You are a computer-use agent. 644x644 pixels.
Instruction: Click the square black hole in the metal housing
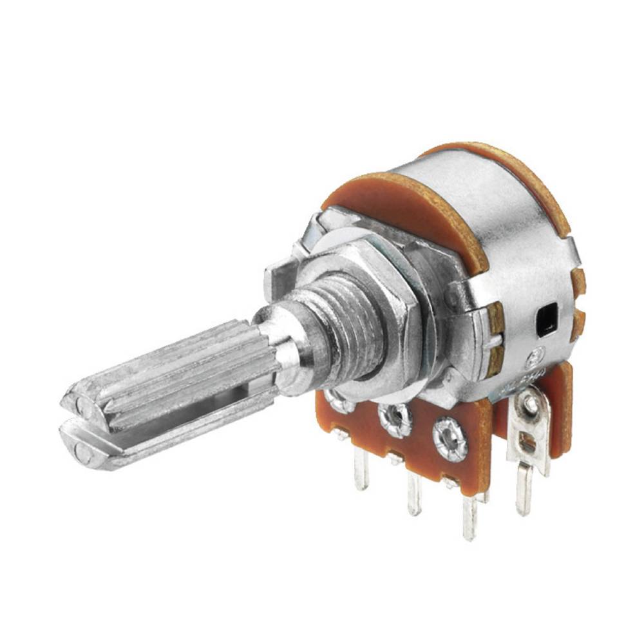click(545, 320)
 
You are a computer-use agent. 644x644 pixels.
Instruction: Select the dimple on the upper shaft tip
click(82, 404)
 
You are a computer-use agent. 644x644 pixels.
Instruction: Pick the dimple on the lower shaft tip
click(82, 451)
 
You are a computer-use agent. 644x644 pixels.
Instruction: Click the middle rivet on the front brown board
click(395, 420)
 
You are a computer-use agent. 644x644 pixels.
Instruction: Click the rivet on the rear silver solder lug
click(529, 404)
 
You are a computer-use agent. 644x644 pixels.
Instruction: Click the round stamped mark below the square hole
click(535, 357)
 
